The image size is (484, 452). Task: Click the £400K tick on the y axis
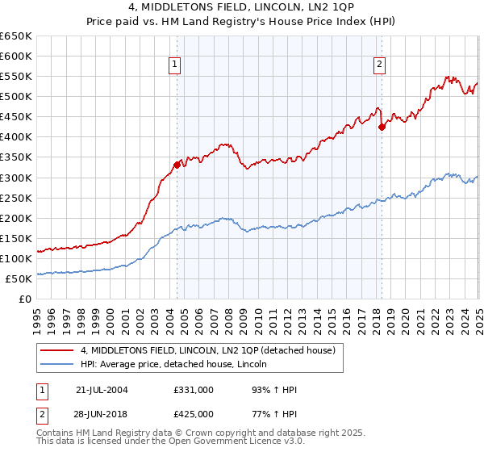16,137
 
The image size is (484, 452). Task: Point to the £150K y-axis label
16,238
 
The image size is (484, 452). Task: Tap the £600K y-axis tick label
16,56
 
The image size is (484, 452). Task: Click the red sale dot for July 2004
177,165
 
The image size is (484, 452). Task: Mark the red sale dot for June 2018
382,126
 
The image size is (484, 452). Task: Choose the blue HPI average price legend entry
179,365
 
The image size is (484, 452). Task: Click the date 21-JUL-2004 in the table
102,390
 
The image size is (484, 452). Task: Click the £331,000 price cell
193,390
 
